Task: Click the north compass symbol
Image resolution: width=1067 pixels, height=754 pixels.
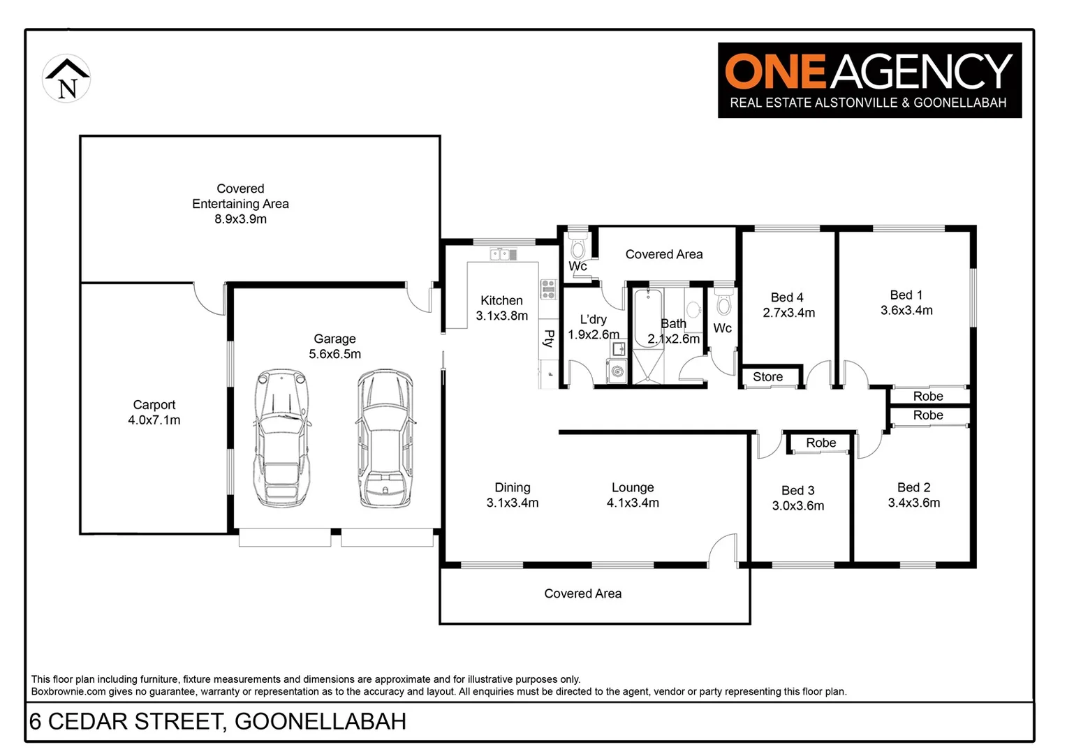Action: [x=66, y=79]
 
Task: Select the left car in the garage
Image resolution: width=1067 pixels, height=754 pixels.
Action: [x=282, y=438]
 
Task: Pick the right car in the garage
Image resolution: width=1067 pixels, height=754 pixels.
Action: [x=385, y=438]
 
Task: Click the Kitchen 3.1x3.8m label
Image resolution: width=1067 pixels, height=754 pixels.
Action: [x=501, y=308]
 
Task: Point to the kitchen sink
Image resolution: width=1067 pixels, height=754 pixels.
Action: [x=503, y=255]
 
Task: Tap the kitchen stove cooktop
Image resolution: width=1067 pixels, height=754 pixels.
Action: [x=548, y=289]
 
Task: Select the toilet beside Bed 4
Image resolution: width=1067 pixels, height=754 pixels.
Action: [x=724, y=304]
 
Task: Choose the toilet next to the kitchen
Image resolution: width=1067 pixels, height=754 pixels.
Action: [x=577, y=247]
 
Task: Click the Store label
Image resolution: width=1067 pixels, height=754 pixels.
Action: [x=767, y=377]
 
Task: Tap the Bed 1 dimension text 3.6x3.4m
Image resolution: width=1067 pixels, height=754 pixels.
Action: [x=906, y=311]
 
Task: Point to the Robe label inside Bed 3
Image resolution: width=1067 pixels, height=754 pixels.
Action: [x=821, y=443]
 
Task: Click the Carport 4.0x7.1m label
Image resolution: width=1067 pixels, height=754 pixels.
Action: [x=154, y=413]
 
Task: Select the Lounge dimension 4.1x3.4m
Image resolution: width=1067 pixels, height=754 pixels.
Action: [x=633, y=503]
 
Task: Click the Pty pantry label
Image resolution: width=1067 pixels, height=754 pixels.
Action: [x=549, y=339]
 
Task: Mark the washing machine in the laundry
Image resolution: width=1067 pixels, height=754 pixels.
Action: [x=617, y=371]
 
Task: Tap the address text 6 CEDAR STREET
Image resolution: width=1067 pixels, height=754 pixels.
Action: [x=126, y=721]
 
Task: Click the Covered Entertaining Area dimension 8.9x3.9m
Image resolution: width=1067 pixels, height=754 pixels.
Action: [x=240, y=219]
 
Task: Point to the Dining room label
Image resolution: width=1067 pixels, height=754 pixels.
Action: [x=512, y=487]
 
